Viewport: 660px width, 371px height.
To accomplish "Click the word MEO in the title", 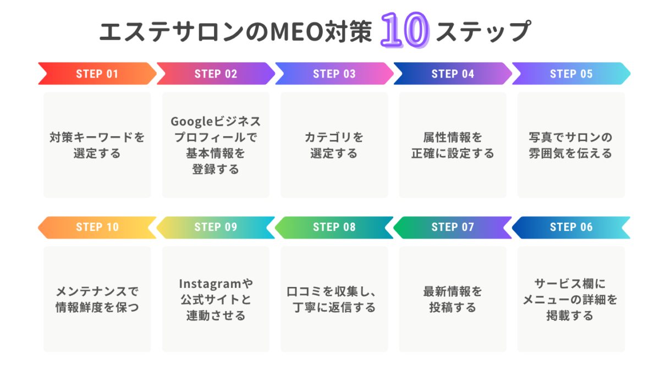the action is [x=297, y=31].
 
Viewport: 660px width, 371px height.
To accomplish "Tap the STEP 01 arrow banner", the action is [x=97, y=74].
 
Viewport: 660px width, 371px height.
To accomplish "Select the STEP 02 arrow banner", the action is [x=216, y=74].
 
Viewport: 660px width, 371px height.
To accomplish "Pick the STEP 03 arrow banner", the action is [x=334, y=74].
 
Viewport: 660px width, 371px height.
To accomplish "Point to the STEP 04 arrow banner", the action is [x=453, y=74].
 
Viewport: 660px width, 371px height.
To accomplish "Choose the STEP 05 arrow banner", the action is [x=571, y=74].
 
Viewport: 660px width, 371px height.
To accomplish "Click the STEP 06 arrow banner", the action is [x=571, y=228].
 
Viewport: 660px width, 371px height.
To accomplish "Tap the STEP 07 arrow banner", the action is [x=453, y=228].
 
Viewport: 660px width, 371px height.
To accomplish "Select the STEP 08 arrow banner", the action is [x=334, y=228].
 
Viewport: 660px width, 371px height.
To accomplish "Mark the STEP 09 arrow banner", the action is [x=216, y=228].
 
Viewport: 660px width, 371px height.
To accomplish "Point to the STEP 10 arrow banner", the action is [x=97, y=228].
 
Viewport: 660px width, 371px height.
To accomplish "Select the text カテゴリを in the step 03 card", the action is [x=334, y=137].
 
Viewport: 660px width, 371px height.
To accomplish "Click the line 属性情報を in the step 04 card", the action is [x=453, y=137].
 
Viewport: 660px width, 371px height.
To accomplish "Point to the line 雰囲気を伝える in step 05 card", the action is [x=571, y=153].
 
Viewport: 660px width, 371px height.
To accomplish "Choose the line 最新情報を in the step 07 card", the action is [x=453, y=291].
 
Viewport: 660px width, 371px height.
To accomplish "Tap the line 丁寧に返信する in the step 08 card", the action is [x=334, y=307].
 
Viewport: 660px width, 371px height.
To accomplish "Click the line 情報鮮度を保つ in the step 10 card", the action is [x=97, y=307].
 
